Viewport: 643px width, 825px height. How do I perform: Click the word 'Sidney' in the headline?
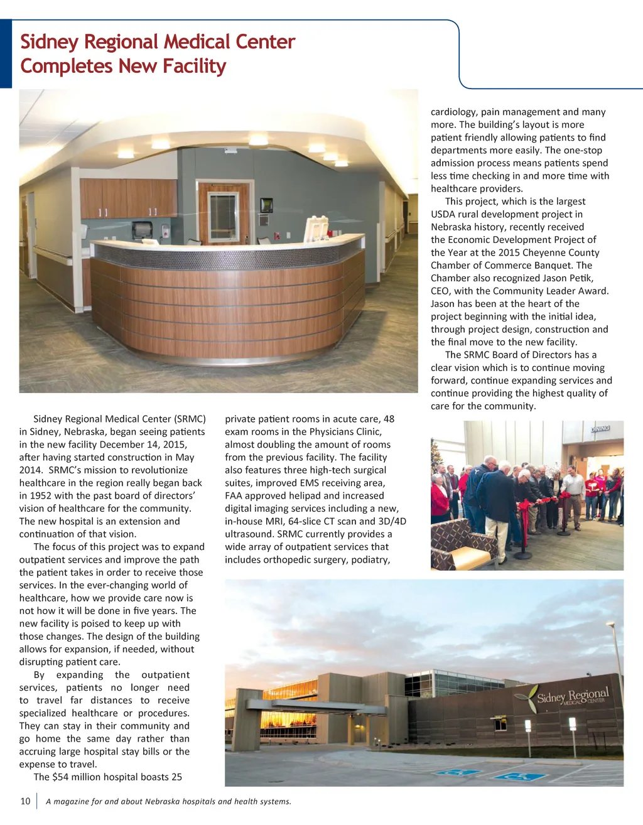pos(50,42)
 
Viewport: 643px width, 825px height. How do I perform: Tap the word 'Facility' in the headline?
pos(194,66)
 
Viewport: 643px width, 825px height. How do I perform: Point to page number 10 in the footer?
pos(25,801)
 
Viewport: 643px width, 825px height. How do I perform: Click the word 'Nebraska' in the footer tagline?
pos(163,802)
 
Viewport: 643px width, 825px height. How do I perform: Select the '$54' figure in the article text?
pos(60,777)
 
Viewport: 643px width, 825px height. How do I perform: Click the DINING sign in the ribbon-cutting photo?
pos(600,429)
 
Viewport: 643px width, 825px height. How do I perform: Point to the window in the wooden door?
pos(223,217)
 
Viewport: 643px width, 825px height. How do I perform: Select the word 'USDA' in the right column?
pos(444,215)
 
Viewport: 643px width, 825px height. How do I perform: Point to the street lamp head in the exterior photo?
pos(610,625)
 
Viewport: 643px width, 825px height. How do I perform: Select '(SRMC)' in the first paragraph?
pos(190,419)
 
